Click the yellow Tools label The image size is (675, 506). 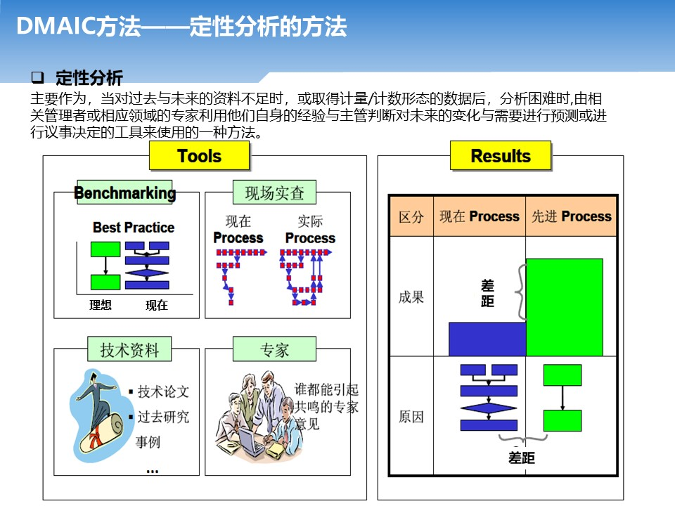[x=199, y=155]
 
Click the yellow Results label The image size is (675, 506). [x=501, y=155]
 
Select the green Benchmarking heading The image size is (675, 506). [x=125, y=192]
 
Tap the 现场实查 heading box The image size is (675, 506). [x=275, y=192]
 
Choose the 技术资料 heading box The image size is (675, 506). [x=129, y=349]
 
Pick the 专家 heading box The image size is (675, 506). [x=275, y=349]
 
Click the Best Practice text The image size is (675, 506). [x=134, y=227]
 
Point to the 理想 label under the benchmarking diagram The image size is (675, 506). [x=101, y=305]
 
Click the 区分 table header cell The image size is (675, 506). [x=411, y=216]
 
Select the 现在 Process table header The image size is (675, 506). [x=480, y=216]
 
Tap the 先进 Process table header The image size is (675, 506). [x=571, y=216]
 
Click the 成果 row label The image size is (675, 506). [x=411, y=297]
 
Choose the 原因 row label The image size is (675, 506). [x=411, y=417]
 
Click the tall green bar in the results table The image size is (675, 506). [x=565, y=307]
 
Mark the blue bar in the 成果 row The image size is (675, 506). [x=487, y=339]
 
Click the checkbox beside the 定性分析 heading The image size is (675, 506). [x=37, y=77]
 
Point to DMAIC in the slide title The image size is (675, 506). [x=56, y=26]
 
